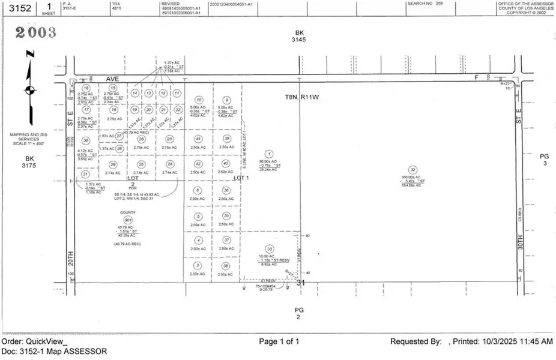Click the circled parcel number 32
coord(412,170)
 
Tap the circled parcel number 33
coord(270,249)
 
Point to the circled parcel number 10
coord(199,100)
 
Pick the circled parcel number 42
coord(199,164)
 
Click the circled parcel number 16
coord(86,88)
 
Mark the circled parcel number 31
coord(85,174)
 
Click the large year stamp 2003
coord(35,32)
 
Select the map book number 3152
coord(16,7)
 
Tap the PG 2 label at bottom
coord(300,313)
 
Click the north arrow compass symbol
coord(29,90)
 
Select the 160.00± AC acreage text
coord(412,178)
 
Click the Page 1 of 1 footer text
coord(279,341)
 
